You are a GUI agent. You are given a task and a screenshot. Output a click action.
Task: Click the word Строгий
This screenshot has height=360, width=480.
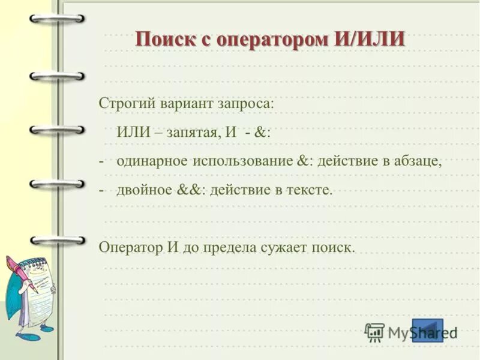click(x=127, y=103)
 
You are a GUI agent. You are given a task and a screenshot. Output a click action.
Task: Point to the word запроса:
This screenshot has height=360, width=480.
click(x=245, y=103)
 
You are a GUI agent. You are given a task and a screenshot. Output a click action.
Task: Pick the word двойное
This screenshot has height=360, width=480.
click(x=145, y=190)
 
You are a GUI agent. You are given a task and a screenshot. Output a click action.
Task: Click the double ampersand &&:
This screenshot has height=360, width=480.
click(x=190, y=190)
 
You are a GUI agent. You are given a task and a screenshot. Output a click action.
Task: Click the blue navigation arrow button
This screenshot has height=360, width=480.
click(x=427, y=330)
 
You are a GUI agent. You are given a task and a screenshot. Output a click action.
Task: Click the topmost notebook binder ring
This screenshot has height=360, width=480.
click(x=57, y=20)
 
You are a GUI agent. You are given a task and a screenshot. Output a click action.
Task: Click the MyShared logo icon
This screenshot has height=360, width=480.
click(x=374, y=332)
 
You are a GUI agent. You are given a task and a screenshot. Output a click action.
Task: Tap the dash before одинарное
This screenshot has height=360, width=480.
click(x=102, y=161)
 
